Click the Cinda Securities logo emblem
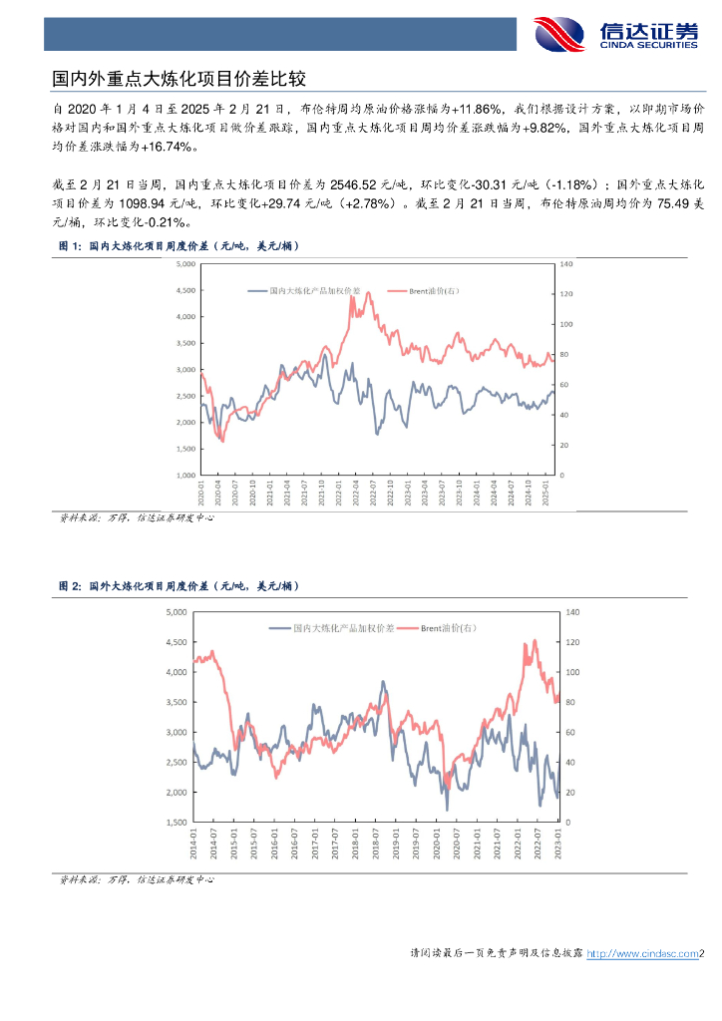pyautogui.click(x=559, y=35)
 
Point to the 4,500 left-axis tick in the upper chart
pyautogui.click(x=184, y=290)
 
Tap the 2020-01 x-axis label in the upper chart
pyautogui.click(x=202, y=493)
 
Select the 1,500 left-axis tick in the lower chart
pyautogui.click(x=176, y=823)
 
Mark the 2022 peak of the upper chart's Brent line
pyautogui.click(x=368, y=292)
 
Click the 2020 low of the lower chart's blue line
pyautogui.click(x=447, y=809)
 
